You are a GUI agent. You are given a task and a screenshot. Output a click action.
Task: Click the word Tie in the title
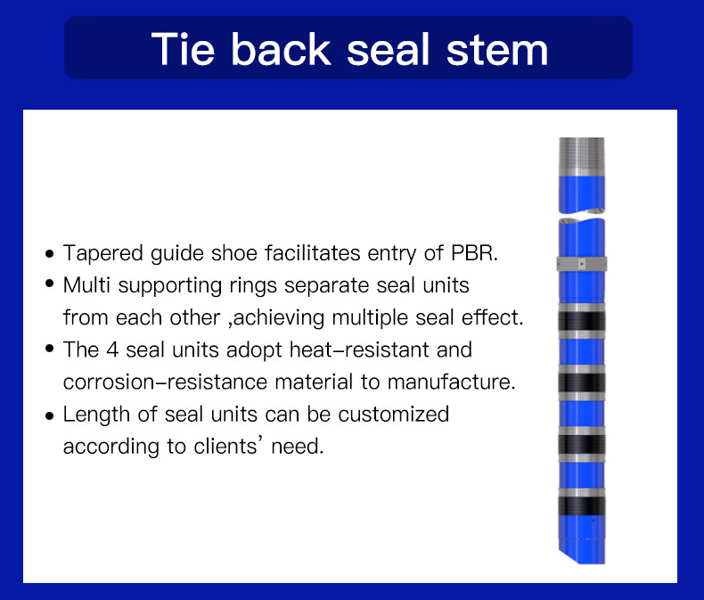[183, 49]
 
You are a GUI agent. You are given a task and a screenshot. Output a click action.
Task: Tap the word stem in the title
[497, 50]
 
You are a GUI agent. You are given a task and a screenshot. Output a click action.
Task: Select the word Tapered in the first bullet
[102, 254]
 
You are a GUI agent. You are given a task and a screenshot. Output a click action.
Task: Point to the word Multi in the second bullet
[86, 285]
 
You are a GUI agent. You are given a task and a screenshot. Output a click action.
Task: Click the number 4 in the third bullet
[112, 349]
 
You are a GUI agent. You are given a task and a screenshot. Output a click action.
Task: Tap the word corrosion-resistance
[166, 382]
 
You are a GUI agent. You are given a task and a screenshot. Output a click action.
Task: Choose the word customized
[393, 414]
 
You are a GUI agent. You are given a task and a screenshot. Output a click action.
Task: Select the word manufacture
[451, 382]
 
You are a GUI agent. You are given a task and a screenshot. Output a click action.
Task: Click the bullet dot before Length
[49, 415]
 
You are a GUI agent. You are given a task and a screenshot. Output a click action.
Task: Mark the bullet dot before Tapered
[49, 254]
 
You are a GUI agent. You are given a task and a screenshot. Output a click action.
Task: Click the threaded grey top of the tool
[581, 156]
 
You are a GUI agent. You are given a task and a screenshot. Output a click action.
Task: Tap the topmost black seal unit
[581, 321]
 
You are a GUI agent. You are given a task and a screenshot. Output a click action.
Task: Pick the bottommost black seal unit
[581, 505]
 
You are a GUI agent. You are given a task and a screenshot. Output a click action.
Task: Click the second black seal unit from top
[581, 382]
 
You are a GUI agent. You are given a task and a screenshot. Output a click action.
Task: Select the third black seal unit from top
[581, 444]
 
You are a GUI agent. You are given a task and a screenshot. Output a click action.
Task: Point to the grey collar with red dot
[581, 264]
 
